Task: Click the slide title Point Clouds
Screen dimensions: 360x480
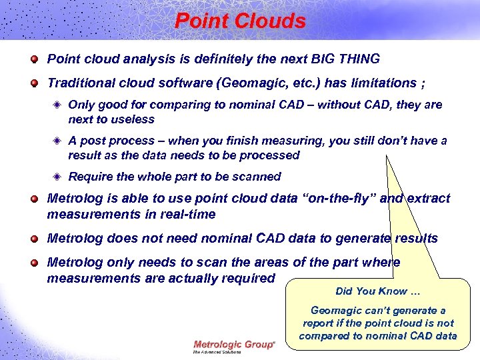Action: (x=240, y=21)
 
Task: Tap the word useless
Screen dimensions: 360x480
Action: (x=132, y=119)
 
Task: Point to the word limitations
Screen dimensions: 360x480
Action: (x=379, y=83)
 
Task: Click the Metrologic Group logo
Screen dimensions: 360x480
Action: (x=233, y=345)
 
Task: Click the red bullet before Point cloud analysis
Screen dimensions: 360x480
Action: (x=34, y=59)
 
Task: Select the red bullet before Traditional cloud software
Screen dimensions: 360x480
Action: (x=34, y=83)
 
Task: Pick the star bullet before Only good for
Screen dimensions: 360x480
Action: (x=58, y=105)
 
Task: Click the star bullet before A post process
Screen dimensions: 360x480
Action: (x=58, y=141)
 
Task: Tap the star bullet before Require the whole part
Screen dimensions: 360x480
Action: (x=58, y=177)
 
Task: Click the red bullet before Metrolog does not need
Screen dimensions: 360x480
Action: (x=34, y=239)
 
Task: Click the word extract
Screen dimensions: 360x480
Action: (x=426, y=199)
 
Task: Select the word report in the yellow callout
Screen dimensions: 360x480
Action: (x=321, y=323)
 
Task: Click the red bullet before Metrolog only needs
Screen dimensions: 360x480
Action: (x=34, y=263)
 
